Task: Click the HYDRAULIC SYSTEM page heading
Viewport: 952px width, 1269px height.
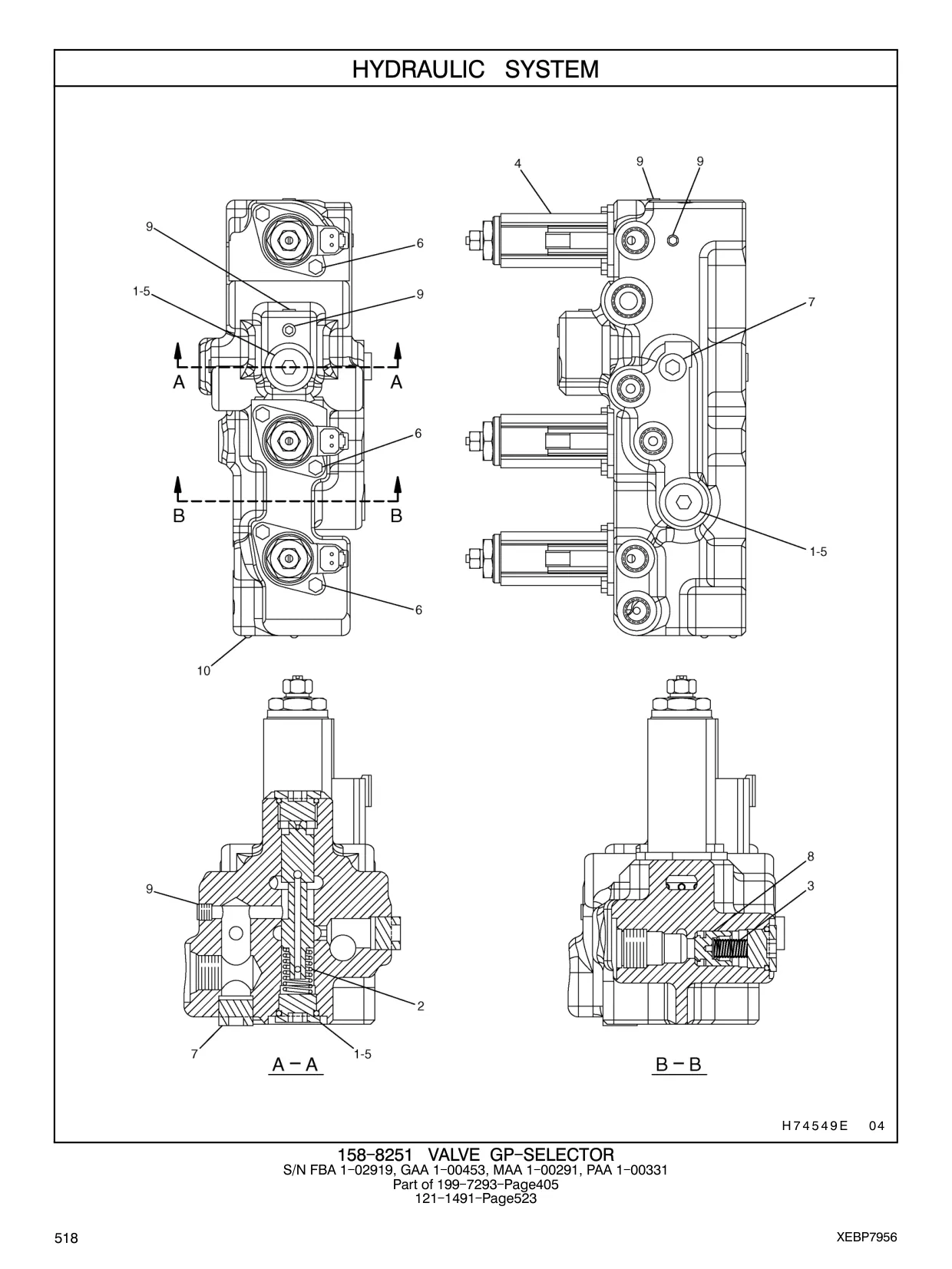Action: point(475,69)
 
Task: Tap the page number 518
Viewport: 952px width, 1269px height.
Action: point(67,1238)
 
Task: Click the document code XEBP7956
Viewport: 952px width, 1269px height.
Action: point(867,1238)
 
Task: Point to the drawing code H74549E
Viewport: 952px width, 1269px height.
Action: point(815,1125)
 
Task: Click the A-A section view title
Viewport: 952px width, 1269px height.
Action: point(296,1064)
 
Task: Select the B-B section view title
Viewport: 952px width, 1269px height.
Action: point(679,1064)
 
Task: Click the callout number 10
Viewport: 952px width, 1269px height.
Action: point(203,671)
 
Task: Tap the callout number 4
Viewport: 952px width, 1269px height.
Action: point(518,164)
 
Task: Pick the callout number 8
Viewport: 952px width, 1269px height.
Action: point(811,856)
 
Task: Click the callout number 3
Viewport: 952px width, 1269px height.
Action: point(811,886)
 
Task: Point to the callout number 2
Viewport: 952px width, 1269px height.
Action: point(421,1006)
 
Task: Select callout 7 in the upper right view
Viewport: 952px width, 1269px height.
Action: point(811,302)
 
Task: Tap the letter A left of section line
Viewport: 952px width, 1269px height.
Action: point(179,382)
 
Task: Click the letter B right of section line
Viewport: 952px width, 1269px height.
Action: point(396,515)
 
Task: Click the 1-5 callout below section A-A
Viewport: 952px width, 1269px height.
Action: point(362,1054)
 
